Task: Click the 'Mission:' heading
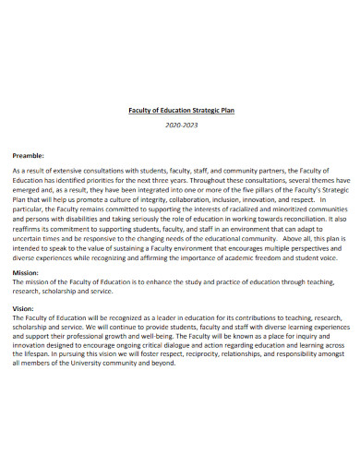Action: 26,274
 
